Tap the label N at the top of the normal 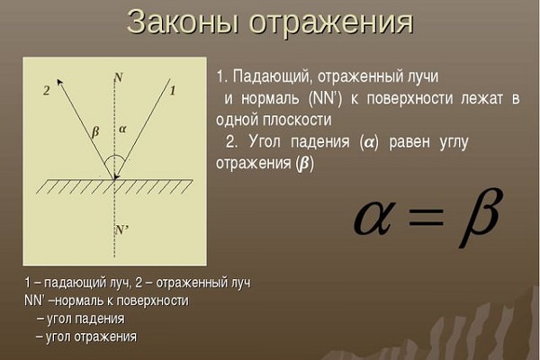click(x=119, y=78)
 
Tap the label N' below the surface click(x=122, y=229)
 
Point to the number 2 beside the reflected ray click(x=47, y=91)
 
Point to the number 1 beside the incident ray click(x=173, y=91)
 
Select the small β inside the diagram click(x=95, y=132)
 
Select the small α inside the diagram click(x=122, y=130)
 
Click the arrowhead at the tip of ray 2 click(x=60, y=82)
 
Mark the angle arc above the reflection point click(x=114, y=156)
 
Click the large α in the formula click(x=373, y=218)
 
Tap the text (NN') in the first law click(x=325, y=98)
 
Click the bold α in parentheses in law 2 click(x=369, y=142)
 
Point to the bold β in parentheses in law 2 click(x=305, y=164)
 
